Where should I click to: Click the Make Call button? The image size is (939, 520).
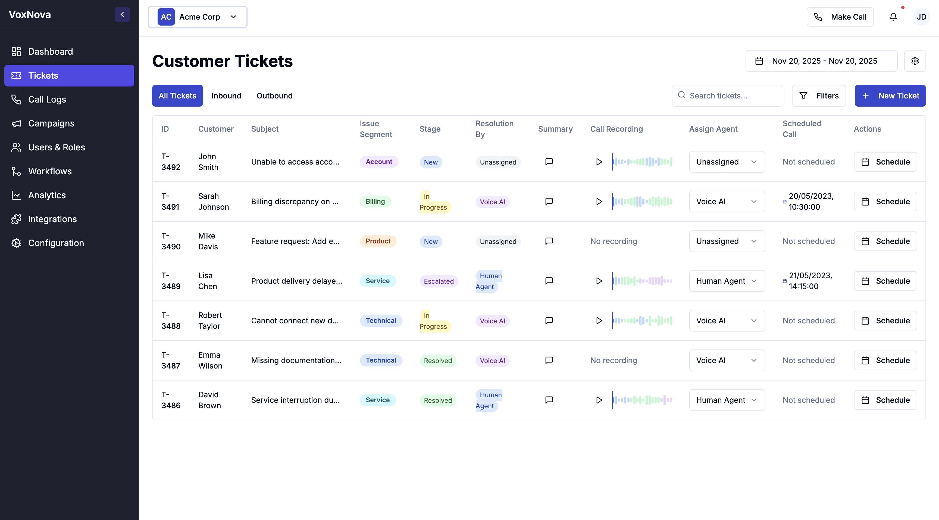(840, 17)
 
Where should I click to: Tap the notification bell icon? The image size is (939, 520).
(893, 17)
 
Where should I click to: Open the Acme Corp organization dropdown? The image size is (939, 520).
(198, 17)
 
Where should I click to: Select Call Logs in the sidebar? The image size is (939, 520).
(47, 99)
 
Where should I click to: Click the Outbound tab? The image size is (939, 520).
(274, 96)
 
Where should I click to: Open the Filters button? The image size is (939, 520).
(819, 96)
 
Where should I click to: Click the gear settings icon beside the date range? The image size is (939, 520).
(915, 61)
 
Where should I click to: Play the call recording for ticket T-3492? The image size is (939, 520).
(599, 162)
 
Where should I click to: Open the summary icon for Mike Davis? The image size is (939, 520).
(549, 241)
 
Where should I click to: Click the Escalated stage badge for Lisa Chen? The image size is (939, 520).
(439, 281)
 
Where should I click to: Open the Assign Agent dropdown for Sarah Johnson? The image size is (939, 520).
(727, 202)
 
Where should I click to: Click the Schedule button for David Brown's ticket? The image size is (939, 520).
(885, 400)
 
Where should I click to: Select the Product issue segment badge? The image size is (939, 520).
(378, 241)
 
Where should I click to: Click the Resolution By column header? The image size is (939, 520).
(494, 129)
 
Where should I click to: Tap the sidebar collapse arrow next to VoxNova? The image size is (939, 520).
(122, 15)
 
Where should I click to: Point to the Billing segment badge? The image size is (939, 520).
(375, 202)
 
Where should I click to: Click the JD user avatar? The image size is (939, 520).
(921, 17)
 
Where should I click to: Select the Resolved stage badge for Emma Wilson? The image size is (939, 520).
(438, 361)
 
